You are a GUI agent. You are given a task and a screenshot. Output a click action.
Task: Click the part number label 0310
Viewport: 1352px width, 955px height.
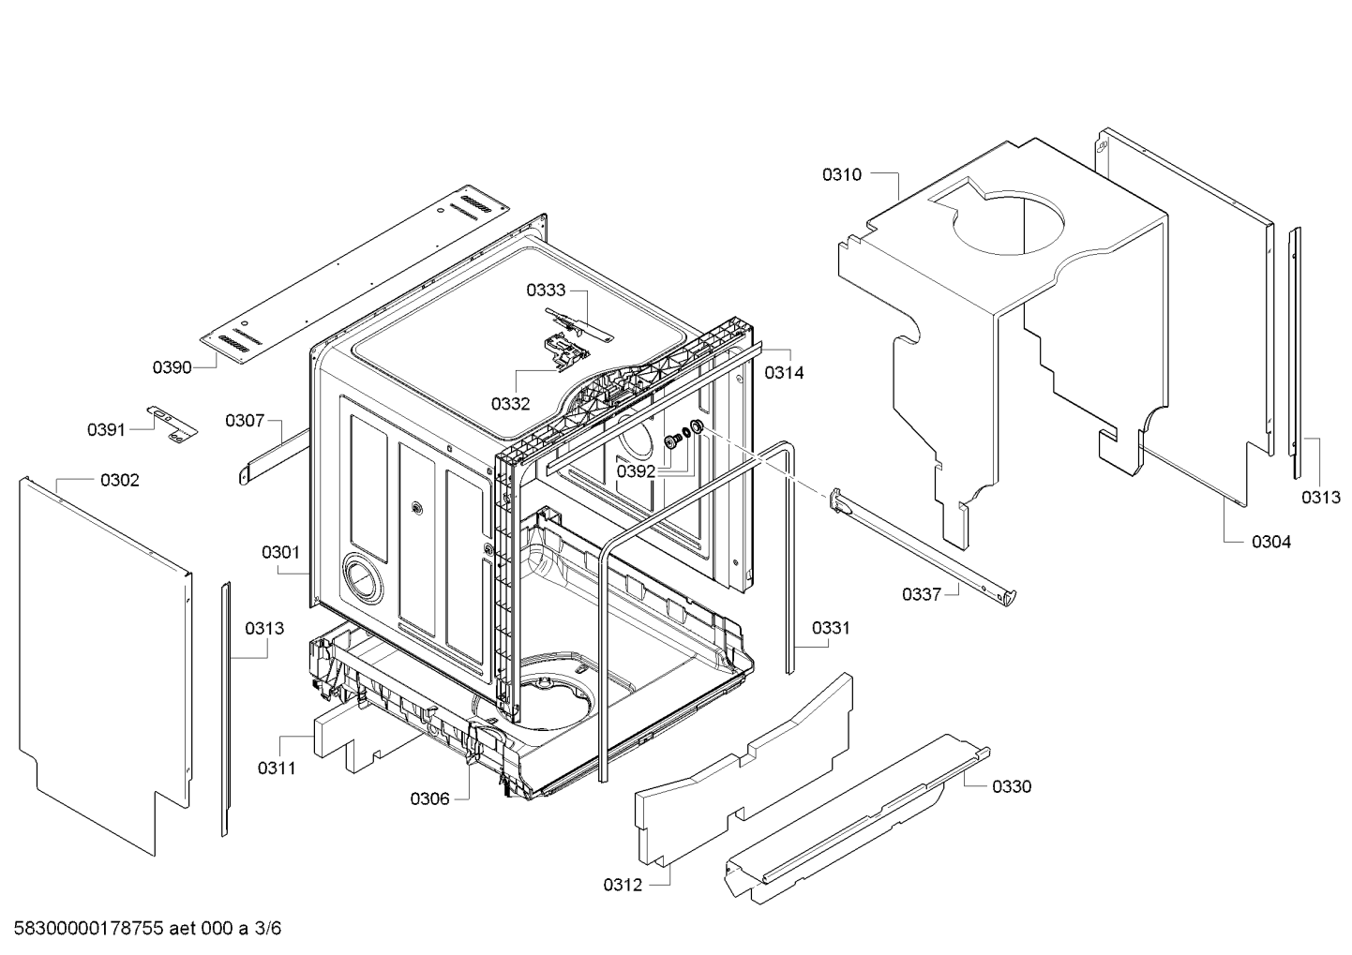click(x=841, y=174)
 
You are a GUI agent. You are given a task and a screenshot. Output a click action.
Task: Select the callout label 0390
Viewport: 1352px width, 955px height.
click(x=172, y=367)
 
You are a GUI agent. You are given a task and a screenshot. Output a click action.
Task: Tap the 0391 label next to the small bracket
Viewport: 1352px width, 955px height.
click(x=106, y=429)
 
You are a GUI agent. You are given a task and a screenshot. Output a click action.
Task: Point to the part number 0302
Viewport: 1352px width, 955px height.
click(x=120, y=481)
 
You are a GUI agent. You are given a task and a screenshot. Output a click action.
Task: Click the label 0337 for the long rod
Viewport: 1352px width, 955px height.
click(x=921, y=594)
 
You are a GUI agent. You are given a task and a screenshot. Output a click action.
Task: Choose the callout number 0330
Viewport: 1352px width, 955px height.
click(x=1012, y=786)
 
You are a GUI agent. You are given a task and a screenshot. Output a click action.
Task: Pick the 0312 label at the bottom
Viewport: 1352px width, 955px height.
click(x=623, y=885)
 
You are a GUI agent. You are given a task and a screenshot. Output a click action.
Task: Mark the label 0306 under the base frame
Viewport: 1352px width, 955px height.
click(x=429, y=798)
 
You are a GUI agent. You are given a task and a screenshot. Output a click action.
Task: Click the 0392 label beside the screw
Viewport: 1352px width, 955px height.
click(x=636, y=471)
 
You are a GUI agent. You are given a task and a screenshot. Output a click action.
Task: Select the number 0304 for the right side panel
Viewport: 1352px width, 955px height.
click(x=1271, y=542)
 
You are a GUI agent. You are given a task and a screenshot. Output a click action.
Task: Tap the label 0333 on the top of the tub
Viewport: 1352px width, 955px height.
click(x=545, y=291)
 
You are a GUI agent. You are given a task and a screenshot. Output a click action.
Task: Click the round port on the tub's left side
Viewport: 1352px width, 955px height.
click(x=363, y=577)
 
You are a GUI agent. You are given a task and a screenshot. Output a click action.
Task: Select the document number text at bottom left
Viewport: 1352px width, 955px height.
click(x=141, y=930)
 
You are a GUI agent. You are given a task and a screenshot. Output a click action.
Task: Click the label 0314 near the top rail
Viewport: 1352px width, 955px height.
click(x=784, y=372)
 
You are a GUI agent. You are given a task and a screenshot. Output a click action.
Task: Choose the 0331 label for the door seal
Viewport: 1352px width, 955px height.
click(x=831, y=628)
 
